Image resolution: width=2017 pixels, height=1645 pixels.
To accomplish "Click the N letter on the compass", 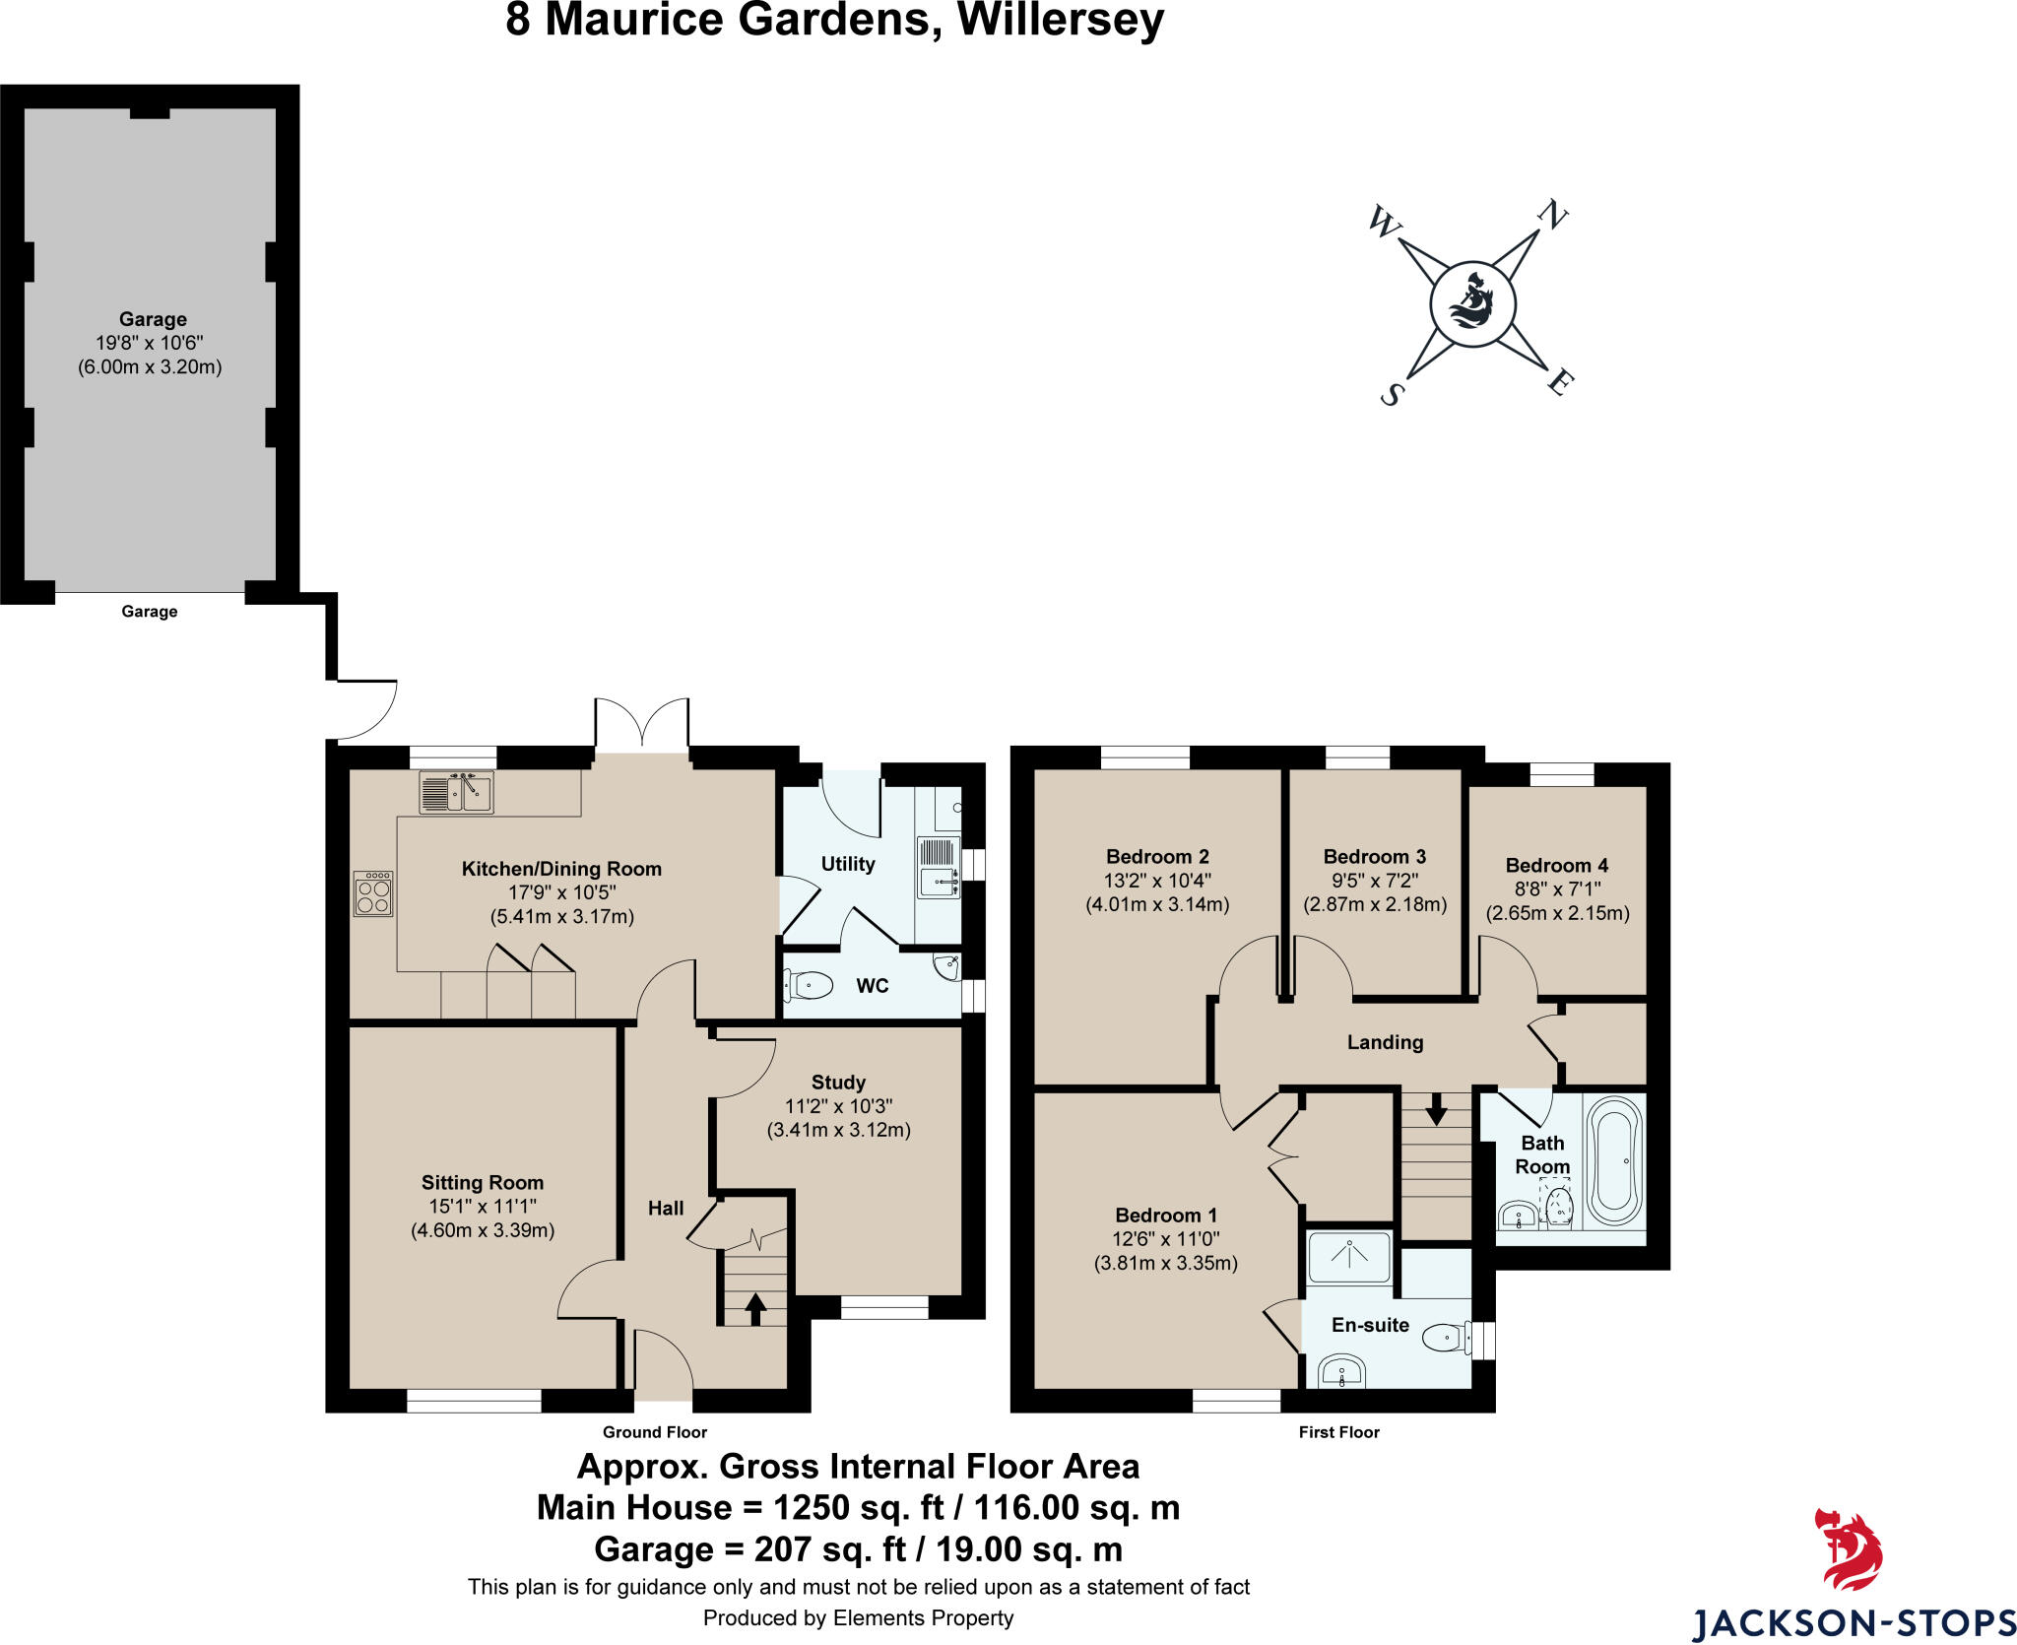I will pos(1552,215).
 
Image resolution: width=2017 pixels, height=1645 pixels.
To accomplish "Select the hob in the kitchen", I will pos(373,894).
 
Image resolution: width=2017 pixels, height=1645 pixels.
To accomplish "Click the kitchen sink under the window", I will pos(457,792).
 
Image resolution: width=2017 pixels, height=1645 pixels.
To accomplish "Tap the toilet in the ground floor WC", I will pos(809,984).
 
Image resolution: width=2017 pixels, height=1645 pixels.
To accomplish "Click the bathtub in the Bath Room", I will pos(1614,1160).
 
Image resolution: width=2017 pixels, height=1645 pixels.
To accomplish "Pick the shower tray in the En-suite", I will pos(1349,1257).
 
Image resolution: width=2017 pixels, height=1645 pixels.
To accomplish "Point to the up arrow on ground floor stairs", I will pos(755,1308).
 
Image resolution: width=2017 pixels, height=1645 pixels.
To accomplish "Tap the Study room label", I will pos(838,1083).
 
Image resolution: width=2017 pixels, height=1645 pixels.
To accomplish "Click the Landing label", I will pos(1385,1042).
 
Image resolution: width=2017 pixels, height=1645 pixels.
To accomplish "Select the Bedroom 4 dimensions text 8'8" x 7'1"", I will pos(1557,889).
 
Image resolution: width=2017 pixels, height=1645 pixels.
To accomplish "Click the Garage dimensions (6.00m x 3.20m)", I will pos(150,367).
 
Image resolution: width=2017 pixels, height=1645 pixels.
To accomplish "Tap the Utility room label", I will pos(848,864).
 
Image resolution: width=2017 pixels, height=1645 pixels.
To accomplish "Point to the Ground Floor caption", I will pos(655,1432).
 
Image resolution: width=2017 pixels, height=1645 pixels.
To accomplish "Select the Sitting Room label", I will pos(483,1183).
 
